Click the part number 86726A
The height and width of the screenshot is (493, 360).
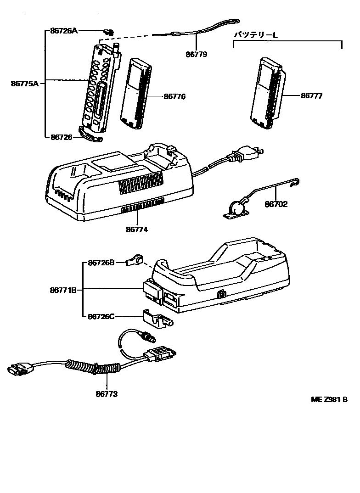64,31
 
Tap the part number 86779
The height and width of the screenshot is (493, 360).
197,54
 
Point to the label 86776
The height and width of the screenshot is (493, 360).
175,97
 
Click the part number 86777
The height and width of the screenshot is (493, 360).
312,96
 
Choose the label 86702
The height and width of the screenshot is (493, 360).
276,204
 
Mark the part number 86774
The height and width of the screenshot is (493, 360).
137,229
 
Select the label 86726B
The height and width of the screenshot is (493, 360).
101,263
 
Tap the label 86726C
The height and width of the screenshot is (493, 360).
101,316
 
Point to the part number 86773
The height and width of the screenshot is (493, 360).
107,394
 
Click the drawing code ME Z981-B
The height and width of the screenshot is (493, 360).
329,400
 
